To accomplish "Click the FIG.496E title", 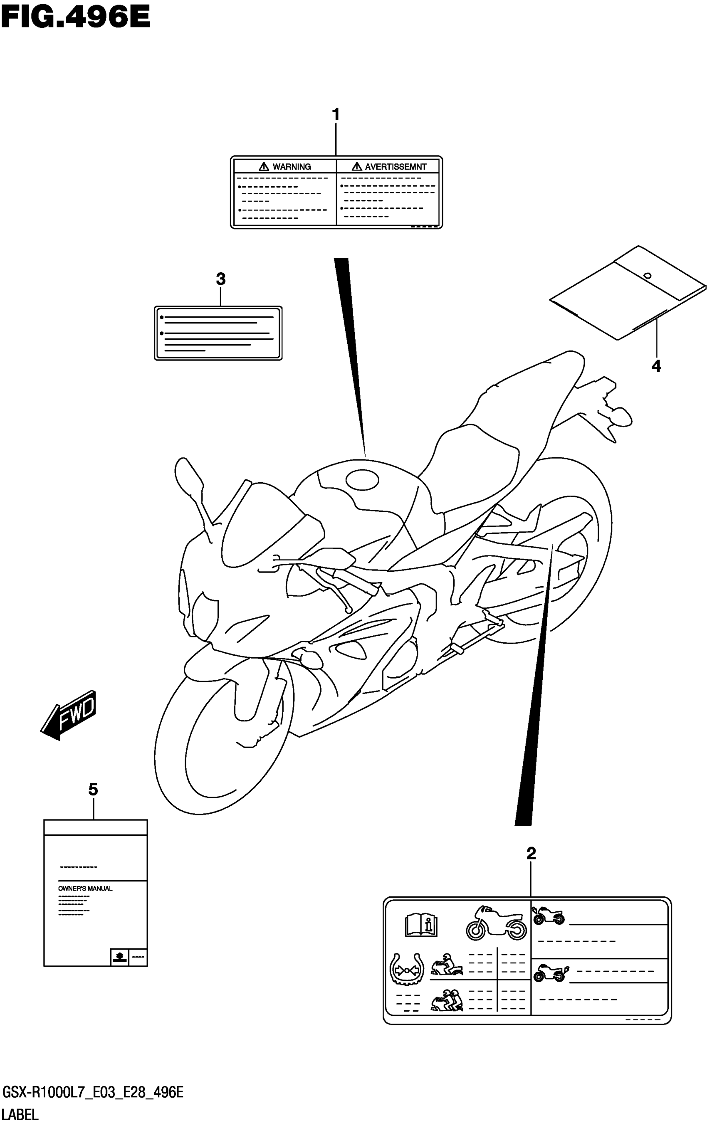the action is tap(75, 18).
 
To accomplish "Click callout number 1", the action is tap(335, 114).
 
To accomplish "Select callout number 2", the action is tap(531, 854).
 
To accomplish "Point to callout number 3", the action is tap(221, 279).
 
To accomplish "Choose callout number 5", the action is tap(93, 790).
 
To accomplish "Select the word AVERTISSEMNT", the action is tap(395, 166).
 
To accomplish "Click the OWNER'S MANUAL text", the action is tap(85, 888).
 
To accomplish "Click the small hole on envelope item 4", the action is tap(648, 276).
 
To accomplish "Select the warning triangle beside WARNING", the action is tap(264, 166).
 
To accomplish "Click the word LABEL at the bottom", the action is tap(20, 1115).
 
